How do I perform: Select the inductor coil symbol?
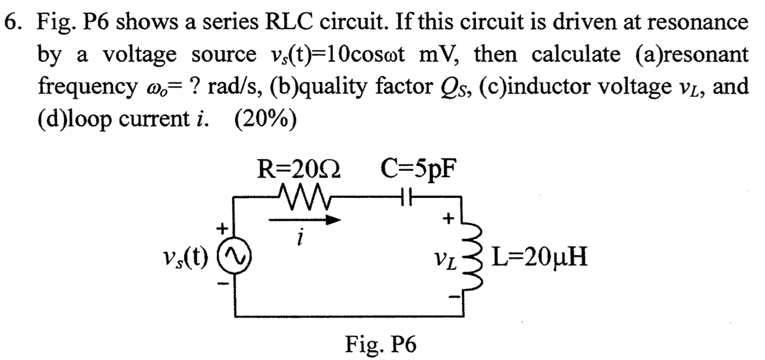tap(475, 258)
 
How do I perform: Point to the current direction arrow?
tap(305, 221)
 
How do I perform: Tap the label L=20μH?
tap(539, 257)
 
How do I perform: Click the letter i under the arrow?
tap(301, 238)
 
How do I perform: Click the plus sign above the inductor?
tap(447, 218)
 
